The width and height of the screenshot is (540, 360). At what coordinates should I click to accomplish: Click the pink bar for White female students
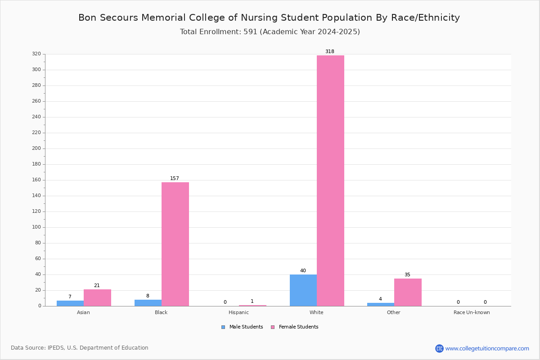click(x=330, y=180)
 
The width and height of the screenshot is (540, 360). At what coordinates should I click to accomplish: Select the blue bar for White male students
click(x=303, y=290)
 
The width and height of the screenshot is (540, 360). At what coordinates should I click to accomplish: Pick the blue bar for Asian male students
click(x=70, y=303)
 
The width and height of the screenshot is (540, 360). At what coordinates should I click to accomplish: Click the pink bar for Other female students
click(x=408, y=292)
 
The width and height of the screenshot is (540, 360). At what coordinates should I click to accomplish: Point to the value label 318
click(x=330, y=52)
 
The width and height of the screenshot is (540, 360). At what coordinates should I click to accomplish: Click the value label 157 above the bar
click(x=175, y=179)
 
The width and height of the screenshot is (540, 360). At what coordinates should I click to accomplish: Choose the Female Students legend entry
click(x=294, y=327)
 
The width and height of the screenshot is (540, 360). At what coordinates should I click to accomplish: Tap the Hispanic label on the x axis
click(x=238, y=312)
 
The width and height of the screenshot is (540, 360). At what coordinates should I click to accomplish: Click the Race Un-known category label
click(x=472, y=312)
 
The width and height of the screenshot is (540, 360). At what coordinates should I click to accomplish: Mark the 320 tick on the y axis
click(x=36, y=54)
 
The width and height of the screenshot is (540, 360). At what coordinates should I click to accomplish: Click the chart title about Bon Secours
click(x=269, y=18)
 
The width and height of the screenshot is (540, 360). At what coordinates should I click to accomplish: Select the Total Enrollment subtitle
click(x=270, y=32)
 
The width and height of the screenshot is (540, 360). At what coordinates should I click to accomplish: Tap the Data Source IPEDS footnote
click(x=80, y=348)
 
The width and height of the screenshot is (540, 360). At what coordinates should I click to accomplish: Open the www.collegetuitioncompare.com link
click(x=487, y=348)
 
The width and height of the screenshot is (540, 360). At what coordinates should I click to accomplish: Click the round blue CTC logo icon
click(x=439, y=348)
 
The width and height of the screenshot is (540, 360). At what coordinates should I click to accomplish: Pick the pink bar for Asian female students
click(x=97, y=298)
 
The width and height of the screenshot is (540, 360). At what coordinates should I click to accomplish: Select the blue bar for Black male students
click(x=148, y=303)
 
